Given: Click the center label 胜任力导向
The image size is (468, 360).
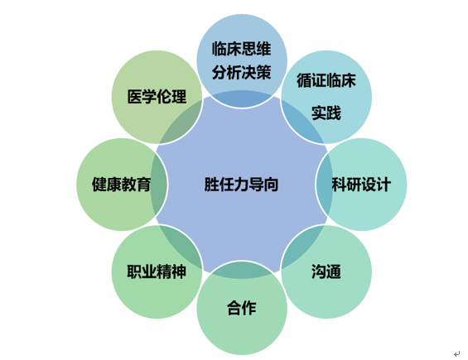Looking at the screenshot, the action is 241,185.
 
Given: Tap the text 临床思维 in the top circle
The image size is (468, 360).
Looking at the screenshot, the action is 242,49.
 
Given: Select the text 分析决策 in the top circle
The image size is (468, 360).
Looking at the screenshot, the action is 242,73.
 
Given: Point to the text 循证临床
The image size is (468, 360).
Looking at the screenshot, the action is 326,80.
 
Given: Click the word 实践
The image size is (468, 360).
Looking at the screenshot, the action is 326,113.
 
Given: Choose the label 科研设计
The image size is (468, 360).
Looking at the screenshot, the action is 361,185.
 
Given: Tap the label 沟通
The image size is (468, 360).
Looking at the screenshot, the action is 326,271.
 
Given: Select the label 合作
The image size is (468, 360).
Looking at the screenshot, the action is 242,308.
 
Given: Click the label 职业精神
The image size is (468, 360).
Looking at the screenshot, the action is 157,271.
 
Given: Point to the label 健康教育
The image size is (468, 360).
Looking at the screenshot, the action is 121,185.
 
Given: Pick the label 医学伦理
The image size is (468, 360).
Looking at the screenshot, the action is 157,97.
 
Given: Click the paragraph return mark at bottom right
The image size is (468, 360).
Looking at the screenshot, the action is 456,354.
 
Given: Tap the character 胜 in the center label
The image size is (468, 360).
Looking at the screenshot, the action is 211,185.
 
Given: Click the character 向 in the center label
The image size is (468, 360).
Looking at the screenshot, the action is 271,185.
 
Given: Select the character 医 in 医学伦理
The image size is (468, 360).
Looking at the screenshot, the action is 135,97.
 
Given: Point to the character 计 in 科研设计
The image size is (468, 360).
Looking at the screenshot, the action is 384,185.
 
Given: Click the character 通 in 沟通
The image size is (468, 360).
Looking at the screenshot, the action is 334,271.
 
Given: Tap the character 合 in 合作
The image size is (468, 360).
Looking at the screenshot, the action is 234,308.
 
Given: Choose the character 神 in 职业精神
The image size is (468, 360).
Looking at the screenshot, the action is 179,271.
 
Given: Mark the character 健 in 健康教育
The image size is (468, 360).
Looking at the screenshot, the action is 99,185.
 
